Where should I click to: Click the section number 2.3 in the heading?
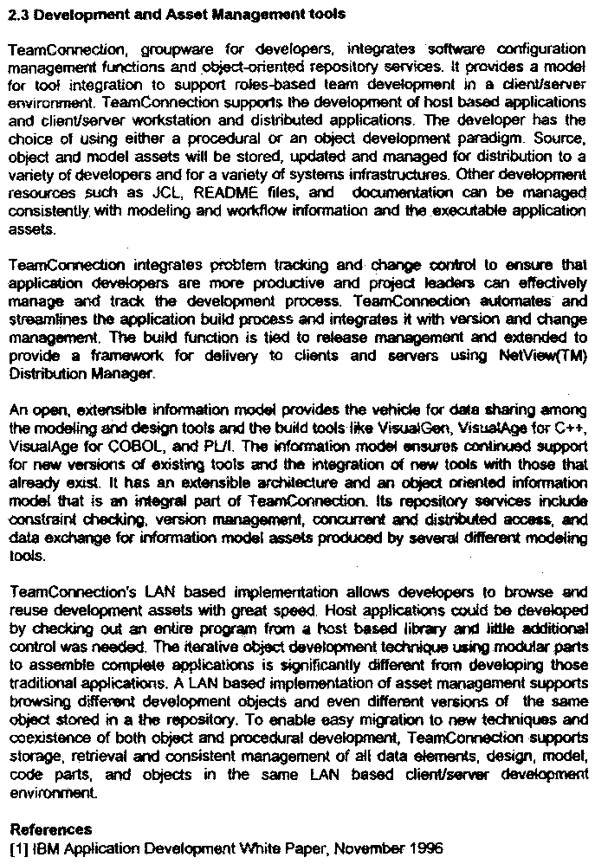click(x=20, y=15)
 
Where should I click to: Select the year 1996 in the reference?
click(x=424, y=849)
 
